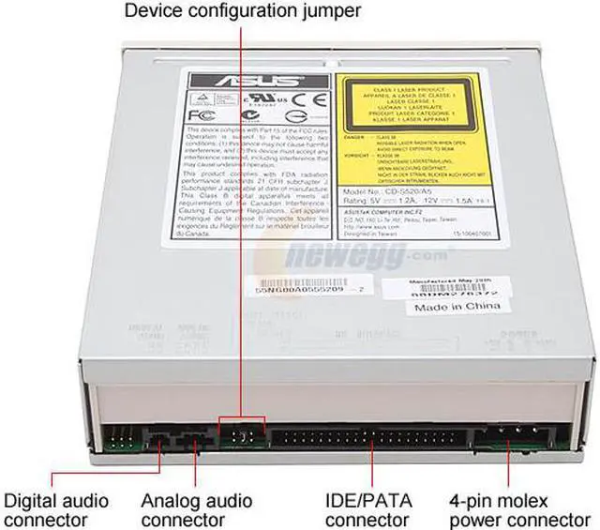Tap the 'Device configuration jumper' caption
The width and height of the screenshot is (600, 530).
click(x=242, y=12)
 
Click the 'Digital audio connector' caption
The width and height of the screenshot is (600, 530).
click(x=56, y=510)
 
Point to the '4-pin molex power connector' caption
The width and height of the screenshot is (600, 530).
click(x=520, y=510)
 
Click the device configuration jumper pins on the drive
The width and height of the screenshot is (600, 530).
click(x=241, y=435)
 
